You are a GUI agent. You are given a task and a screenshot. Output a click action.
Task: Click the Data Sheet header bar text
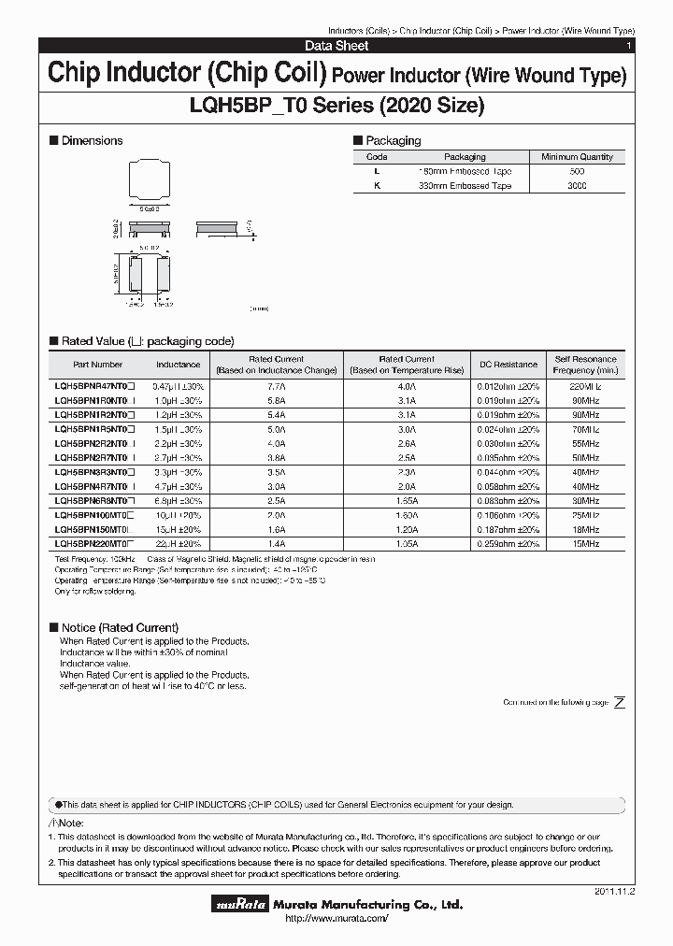pos(336,46)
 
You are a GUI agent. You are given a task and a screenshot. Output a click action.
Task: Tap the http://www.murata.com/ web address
pos(336,920)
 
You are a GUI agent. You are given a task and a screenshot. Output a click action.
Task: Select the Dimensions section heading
pos(92,140)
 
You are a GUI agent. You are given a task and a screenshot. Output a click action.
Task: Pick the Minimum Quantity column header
pos(577,157)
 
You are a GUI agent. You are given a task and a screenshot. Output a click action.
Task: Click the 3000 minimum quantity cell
pos(577,186)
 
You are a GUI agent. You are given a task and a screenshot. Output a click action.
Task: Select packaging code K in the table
pos(377,186)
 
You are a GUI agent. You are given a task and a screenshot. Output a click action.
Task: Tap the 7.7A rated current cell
pos(277,385)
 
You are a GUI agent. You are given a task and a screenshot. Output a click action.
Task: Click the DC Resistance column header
pos(508,365)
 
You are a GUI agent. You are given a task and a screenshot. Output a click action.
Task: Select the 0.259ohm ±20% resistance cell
pos(508,542)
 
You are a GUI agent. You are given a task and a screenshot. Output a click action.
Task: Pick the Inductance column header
pos(178,365)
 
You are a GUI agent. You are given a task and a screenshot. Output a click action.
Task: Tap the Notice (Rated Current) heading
pos(120,627)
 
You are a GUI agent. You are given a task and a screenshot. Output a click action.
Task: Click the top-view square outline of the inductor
pos(149,180)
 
